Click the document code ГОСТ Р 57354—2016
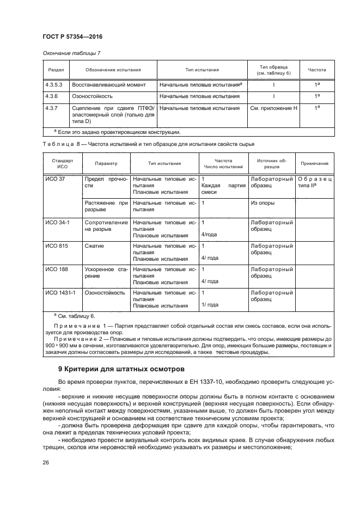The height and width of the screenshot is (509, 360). tap(72, 36)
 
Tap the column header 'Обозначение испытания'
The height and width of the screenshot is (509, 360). tap(113, 70)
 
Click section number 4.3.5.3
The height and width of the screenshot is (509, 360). tap(54, 85)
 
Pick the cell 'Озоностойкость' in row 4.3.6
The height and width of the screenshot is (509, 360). tap(93, 96)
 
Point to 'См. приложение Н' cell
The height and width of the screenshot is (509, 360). tap(273, 108)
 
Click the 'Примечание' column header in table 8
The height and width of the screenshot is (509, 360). tap(314, 163)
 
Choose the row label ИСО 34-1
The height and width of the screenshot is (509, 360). tap(56, 223)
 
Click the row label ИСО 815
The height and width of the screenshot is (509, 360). tap(54, 246)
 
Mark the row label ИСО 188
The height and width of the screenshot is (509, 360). tap(54, 269)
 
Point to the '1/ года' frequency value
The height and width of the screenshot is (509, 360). tap(210, 305)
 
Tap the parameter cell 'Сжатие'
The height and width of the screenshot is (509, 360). tap(94, 246)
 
